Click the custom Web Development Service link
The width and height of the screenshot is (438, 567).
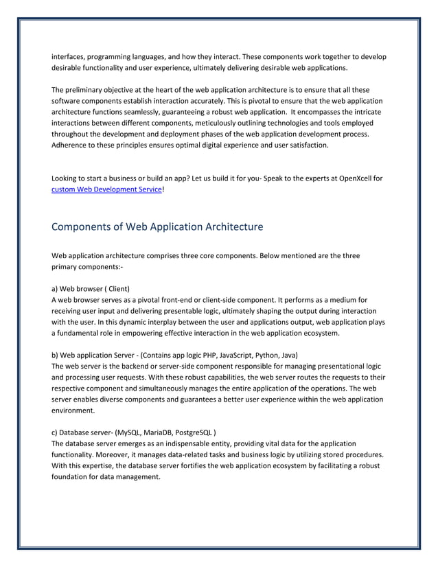coord(108,190)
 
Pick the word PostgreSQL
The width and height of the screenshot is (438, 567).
coord(194,432)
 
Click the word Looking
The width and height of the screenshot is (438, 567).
coord(67,179)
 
